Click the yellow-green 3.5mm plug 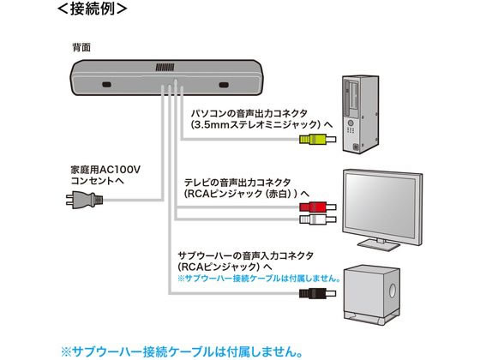317,139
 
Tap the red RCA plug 317,207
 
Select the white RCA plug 317,219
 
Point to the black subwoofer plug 317,293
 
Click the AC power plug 85,200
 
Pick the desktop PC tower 361,114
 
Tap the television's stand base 379,244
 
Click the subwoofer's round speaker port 393,291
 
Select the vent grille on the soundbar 165,68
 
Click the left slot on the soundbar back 106,85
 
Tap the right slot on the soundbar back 224,85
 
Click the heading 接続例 93,9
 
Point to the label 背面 81,47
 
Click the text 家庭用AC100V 105,170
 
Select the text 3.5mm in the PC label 212,125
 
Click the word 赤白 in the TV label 278,194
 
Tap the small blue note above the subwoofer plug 259,279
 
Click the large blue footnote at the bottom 182,351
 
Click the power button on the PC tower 351,123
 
